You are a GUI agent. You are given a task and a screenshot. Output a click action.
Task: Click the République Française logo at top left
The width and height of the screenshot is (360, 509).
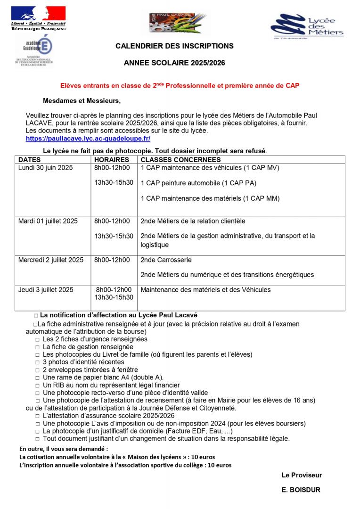pos(39,18)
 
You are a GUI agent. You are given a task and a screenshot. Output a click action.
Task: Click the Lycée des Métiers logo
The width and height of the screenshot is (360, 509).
pos(307,27)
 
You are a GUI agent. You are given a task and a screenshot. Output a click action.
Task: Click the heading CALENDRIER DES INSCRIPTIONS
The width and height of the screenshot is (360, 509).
pos(174,46)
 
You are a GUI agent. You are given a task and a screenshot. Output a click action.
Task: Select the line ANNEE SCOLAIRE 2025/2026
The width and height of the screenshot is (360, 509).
pos(174,62)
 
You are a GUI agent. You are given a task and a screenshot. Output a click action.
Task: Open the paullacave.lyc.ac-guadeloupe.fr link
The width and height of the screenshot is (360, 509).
pos(88,139)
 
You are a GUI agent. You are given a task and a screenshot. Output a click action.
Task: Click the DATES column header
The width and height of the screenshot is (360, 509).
pos(29,160)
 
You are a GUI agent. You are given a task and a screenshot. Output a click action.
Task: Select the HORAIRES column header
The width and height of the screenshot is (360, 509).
pos(112,160)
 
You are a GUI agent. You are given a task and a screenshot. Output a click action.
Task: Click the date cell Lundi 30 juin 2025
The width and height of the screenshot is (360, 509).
pos(46,167)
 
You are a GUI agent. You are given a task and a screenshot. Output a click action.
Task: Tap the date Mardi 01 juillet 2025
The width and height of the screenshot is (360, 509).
pos(48,221)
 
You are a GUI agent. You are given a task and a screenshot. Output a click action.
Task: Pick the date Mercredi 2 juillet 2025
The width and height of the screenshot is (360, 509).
pos(51,260)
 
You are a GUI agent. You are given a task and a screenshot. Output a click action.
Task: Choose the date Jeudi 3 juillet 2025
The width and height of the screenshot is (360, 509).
pos(46,290)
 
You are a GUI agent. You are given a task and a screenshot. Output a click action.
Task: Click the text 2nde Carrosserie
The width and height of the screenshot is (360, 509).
pos(166,260)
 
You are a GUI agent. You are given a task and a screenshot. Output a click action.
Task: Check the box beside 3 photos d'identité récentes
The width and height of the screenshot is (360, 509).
pos(38,362)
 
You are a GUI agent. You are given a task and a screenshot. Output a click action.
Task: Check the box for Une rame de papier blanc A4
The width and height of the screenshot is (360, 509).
pos(38,378)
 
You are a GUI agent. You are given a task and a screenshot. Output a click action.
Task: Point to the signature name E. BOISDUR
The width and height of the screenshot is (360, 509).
pos(301,490)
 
